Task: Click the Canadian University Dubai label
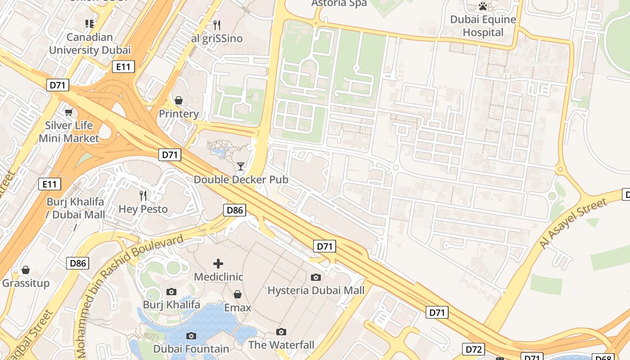click(90, 44)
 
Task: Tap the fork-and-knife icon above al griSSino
click(217, 25)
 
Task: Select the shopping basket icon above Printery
click(179, 100)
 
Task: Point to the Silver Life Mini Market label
click(68, 131)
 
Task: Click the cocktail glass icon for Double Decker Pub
click(241, 166)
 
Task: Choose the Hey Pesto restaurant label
click(143, 209)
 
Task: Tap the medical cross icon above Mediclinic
click(218, 263)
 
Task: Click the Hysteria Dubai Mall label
click(316, 290)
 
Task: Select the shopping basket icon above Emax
click(238, 294)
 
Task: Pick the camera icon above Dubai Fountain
click(191, 336)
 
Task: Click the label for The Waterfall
click(281, 345)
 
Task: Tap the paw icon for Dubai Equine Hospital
click(483, 6)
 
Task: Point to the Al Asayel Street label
click(573, 224)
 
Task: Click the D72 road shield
click(473, 349)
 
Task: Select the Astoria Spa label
click(339, 4)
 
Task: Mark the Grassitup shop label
click(26, 283)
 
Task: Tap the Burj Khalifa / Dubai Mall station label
click(75, 208)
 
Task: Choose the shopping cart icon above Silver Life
click(68, 112)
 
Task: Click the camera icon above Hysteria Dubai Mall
click(316, 277)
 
